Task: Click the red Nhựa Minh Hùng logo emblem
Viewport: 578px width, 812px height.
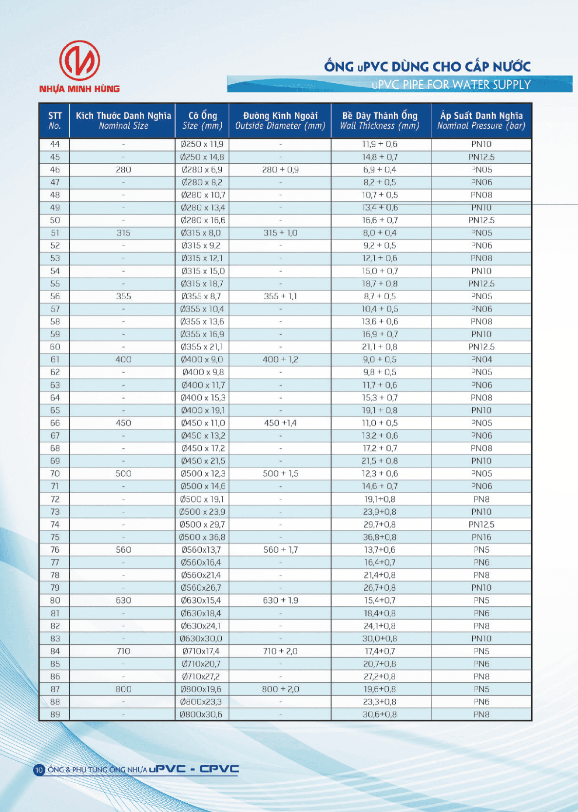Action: click(79, 60)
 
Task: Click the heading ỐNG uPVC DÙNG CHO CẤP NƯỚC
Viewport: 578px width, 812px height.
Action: click(427, 66)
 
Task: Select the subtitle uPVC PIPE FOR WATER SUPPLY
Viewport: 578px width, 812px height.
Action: click(451, 85)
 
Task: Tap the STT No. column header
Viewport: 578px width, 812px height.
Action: click(55, 120)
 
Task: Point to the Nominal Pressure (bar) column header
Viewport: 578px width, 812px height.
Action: click(481, 120)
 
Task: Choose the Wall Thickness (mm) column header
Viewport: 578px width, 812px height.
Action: click(380, 120)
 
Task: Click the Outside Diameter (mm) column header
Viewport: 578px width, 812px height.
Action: click(280, 120)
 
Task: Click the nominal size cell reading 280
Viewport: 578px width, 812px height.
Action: click(123, 170)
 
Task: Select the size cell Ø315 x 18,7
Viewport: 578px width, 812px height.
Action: click(202, 284)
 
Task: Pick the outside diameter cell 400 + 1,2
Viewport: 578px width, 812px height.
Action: click(280, 360)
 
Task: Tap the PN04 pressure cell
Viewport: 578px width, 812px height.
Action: click(481, 360)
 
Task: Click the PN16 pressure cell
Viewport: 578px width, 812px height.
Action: click(481, 537)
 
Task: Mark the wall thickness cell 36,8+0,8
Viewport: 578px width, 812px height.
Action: click(380, 537)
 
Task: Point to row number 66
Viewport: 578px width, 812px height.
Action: click(55, 423)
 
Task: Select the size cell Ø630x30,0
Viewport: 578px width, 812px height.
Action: click(201, 638)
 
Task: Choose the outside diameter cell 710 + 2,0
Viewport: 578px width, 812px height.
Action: click(280, 651)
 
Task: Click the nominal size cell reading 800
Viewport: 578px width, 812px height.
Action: click(123, 689)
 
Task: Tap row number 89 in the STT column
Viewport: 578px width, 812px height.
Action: click(55, 715)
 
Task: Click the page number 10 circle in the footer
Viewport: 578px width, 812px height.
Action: click(39, 770)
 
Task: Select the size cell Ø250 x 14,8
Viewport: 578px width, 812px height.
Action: click(202, 157)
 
